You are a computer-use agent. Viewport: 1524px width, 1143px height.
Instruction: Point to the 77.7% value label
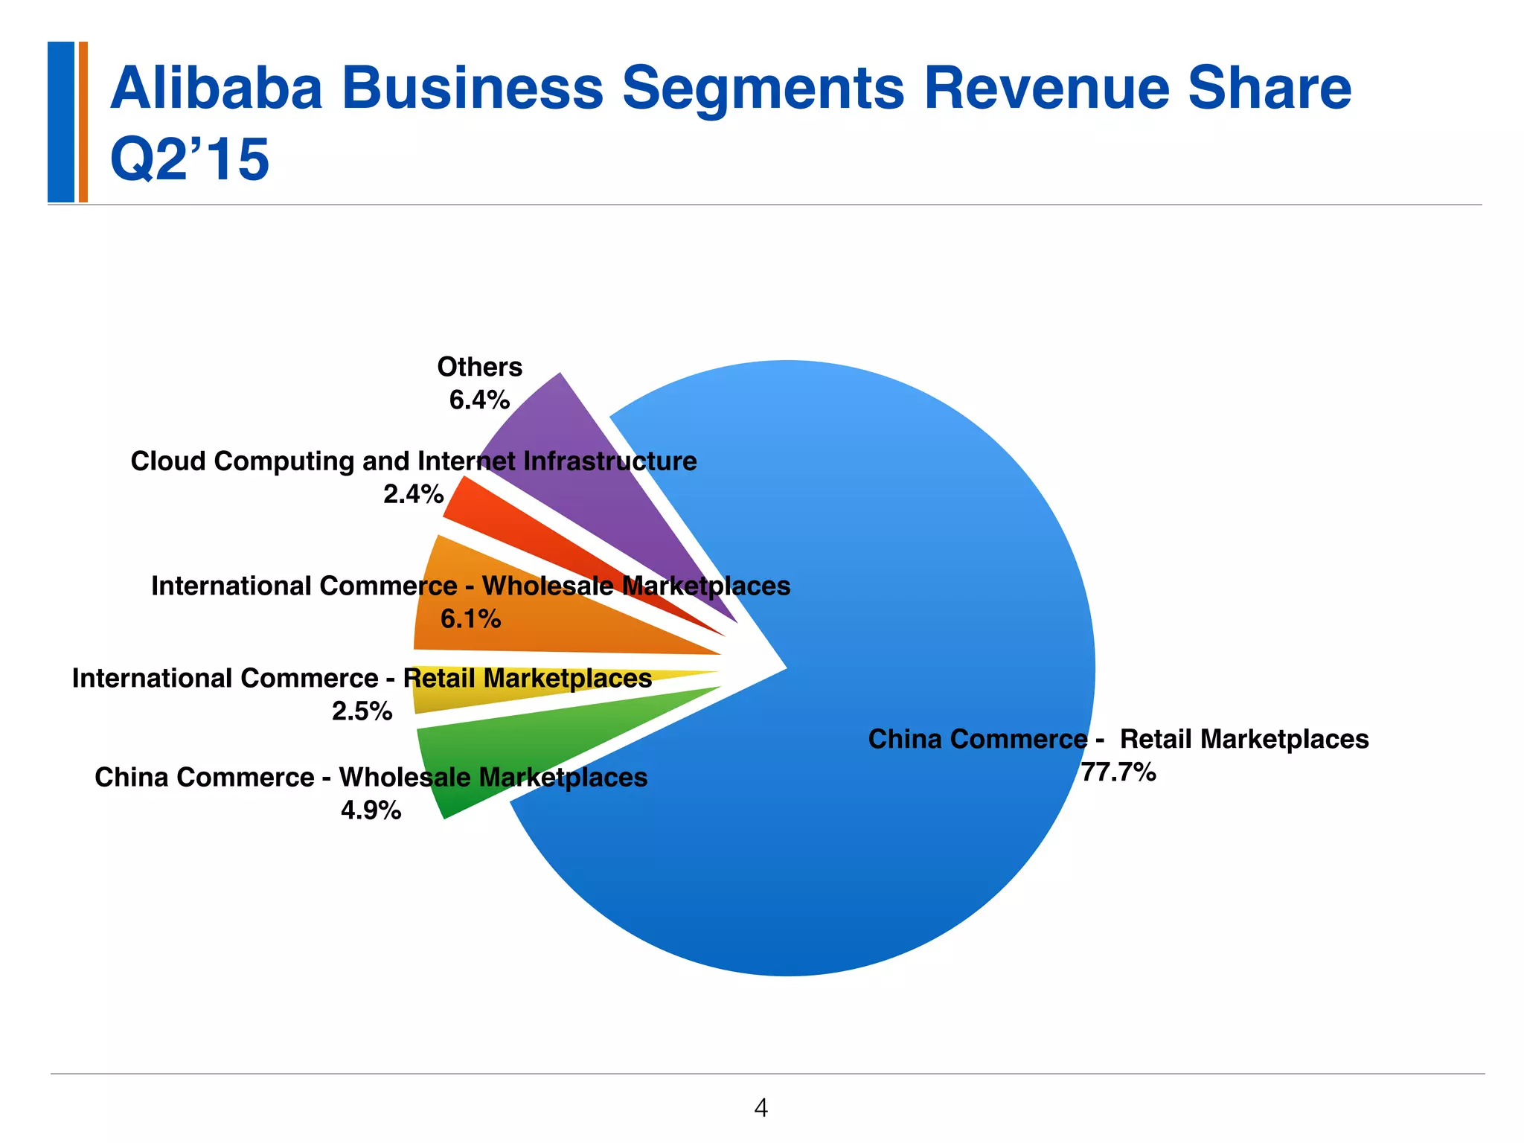pyautogui.click(x=1118, y=772)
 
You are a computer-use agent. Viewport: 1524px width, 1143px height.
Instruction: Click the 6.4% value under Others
pyautogui.click(x=479, y=400)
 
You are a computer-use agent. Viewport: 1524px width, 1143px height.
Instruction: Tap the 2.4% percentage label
pyautogui.click(x=413, y=493)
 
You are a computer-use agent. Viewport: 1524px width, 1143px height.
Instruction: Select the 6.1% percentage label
pyautogui.click(x=470, y=618)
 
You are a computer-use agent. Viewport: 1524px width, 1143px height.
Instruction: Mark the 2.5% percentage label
pyautogui.click(x=362, y=711)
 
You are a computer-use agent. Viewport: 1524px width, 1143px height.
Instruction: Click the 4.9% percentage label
pyautogui.click(x=371, y=810)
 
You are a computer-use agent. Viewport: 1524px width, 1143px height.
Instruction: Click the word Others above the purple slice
pyautogui.click(x=479, y=367)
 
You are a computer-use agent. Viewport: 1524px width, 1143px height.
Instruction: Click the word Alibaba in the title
pyautogui.click(x=217, y=88)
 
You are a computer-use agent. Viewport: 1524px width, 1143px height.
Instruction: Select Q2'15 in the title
pyautogui.click(x=189, y=159)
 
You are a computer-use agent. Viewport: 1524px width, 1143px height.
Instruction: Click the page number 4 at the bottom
pyautogui.click(x=761, y=1108)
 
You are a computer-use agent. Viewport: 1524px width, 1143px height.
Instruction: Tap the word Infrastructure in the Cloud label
pyautogui.click(x=609, y=461)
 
